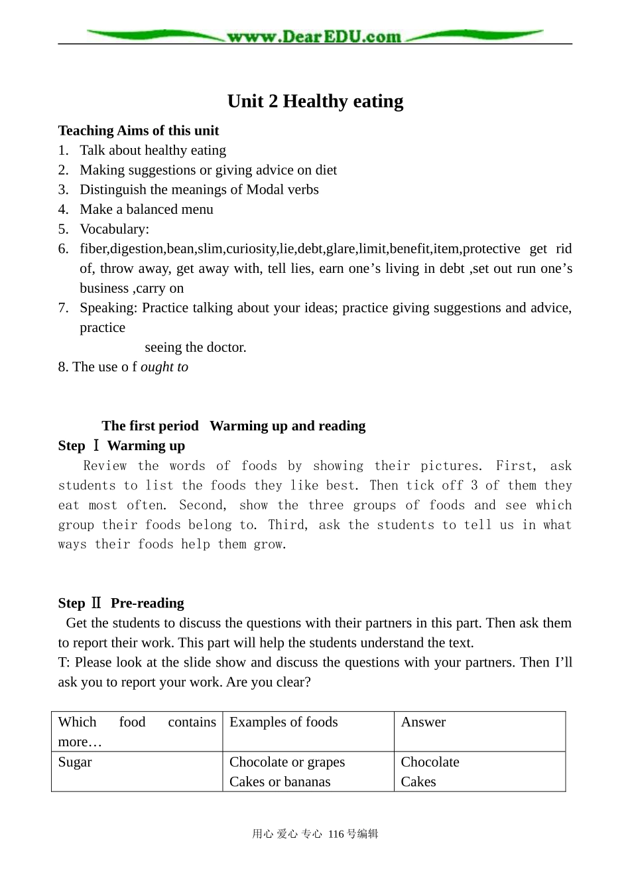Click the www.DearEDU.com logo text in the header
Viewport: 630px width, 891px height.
click(x=314, y=37)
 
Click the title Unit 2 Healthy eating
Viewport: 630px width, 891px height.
click(x=315, y=101)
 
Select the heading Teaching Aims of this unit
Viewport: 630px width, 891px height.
click(x=138, y=131)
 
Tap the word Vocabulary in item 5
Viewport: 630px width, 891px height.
click(x=113, y=229)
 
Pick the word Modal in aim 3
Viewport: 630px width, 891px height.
click(x=265, y=190)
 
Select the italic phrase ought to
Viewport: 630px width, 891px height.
click(x=164, y=367)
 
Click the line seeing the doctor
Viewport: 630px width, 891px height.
click(x=195, y=347)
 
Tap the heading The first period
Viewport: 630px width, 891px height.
click(x=150, y=426)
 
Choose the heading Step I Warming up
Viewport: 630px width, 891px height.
click(x=121, y=446)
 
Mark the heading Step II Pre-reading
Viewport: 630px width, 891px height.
click(x=121, y=604)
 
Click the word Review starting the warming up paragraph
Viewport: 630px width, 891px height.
click(x=104, y=466)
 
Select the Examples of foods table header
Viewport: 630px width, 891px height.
click(x=283, y=722)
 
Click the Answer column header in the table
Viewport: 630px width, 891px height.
click(x=423, y=722)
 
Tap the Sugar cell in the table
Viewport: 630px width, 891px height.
click(x=75, y=762)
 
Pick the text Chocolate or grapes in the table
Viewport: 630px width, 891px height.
click(x=287, y=762)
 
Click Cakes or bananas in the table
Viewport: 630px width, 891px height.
click(x=280, y=782)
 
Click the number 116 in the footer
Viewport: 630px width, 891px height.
click(x=337, y=835)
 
